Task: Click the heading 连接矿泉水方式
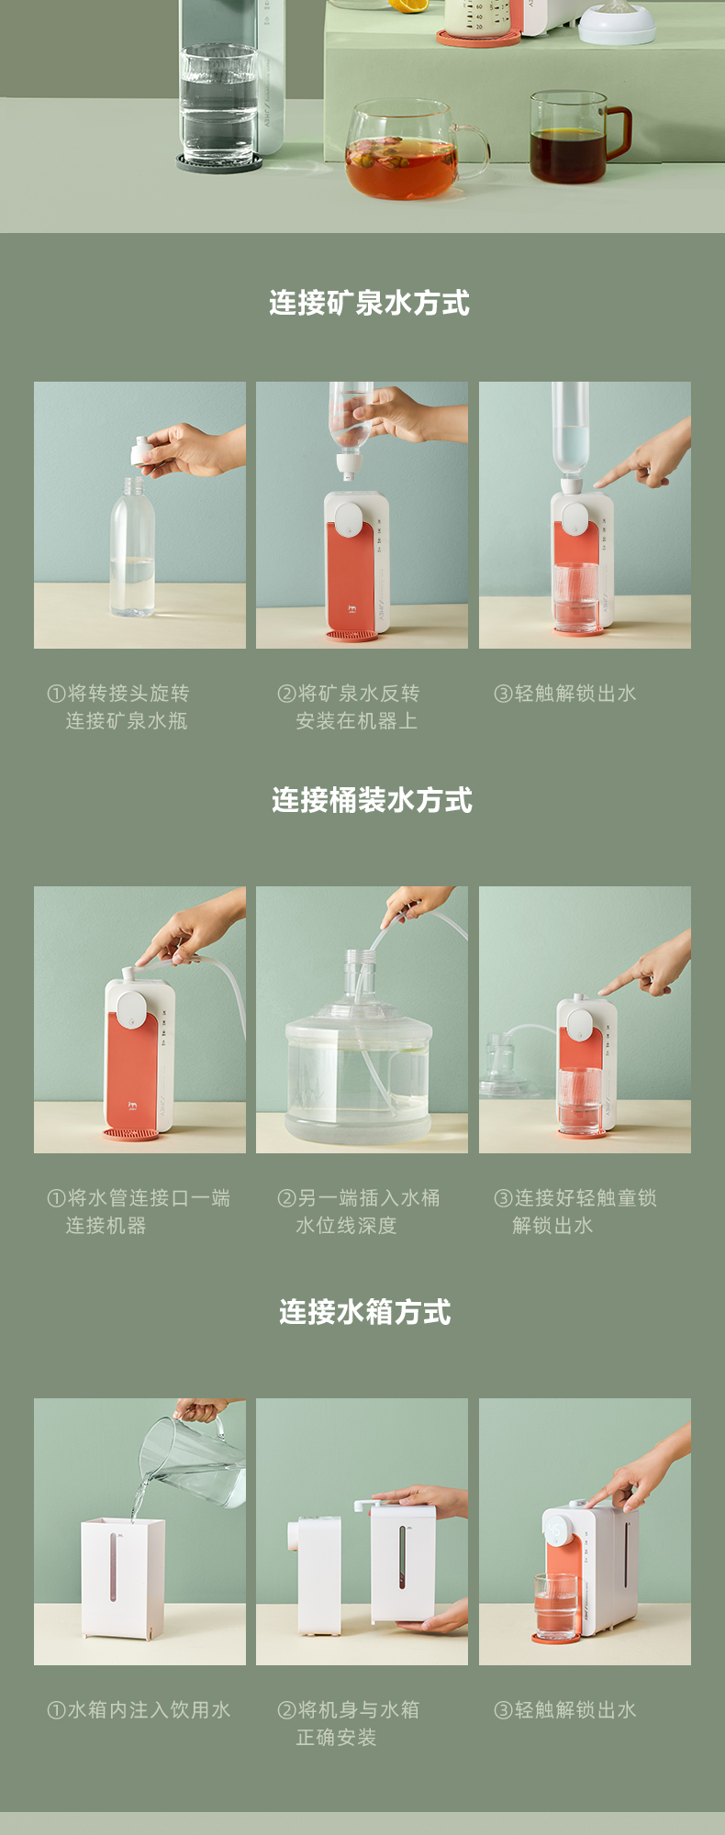coord(369,303)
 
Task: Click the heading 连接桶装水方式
coord(372,800)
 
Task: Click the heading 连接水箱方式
coord(365,1312)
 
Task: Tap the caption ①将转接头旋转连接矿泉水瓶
coord(118,707)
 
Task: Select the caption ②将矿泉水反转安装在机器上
coord(349,707)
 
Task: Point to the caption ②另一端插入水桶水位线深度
coord(359,1212)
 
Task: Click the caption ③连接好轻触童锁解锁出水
coord(575,1212)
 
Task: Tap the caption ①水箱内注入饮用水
coord(139,1710)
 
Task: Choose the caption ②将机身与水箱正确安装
coord(349,1724)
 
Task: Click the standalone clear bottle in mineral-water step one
coord(133,547)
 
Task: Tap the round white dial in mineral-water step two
coord(349,519)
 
